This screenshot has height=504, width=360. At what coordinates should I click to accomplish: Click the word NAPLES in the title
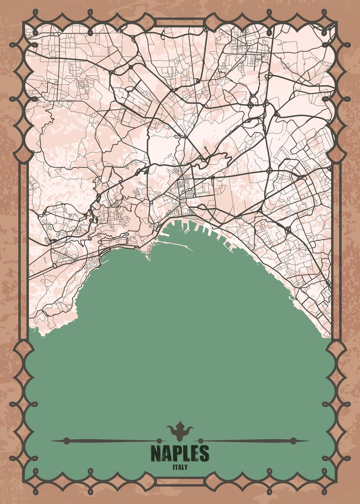click(x=180, y=454)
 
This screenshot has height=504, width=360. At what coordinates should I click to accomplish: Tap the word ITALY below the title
click(x=180, y=467)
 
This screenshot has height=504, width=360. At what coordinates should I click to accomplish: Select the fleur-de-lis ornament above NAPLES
click(x=180, y=431)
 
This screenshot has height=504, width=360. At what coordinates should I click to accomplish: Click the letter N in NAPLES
click(x=156, y=454)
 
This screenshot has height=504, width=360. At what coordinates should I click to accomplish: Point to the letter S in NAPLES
click(x=204, y=454)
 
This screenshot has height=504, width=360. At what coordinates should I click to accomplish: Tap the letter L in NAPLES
click(x=185, y=454)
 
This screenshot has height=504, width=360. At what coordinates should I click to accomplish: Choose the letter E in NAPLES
click(x=194, y=454)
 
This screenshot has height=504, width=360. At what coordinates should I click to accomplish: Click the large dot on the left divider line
click(x=66, y=441)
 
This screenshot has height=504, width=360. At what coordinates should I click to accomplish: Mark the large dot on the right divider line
click(x=293, y=441)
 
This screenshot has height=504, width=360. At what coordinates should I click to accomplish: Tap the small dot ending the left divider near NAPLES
click(x=159, y=441)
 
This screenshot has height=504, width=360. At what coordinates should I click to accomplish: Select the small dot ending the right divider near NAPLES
click(x=200, y=441)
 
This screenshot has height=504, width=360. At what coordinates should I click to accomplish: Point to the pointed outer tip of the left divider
click(x=52, y=441)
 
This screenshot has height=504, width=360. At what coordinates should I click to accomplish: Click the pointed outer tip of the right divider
click(x=308, y=441)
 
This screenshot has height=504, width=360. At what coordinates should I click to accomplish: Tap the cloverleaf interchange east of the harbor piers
click(x=288, y=230)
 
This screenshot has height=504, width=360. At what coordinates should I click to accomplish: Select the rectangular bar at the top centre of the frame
click(x=180, y=22)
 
